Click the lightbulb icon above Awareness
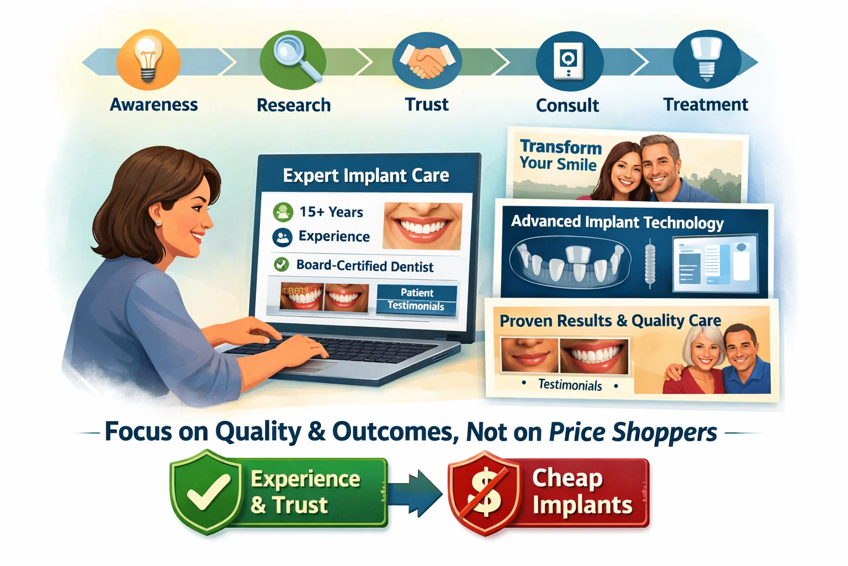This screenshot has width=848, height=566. point(148,59)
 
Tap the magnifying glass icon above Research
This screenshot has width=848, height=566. point(293,59)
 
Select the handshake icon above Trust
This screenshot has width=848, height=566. point(427,60)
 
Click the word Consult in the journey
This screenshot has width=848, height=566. point(567,105)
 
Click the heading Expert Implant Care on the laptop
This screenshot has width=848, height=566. point(365,175)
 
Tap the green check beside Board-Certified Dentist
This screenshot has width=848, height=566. point(282,265)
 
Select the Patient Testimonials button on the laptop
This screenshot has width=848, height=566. point(417,299)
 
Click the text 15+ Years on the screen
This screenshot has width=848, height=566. point(331,212)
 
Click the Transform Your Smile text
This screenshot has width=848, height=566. point(560,155)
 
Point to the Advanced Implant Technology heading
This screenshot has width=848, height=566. point(617,222)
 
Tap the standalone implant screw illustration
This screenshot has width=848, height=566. point(650,263)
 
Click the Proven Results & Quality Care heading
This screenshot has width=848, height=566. point(610,321)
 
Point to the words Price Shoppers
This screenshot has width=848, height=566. point(633,432)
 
